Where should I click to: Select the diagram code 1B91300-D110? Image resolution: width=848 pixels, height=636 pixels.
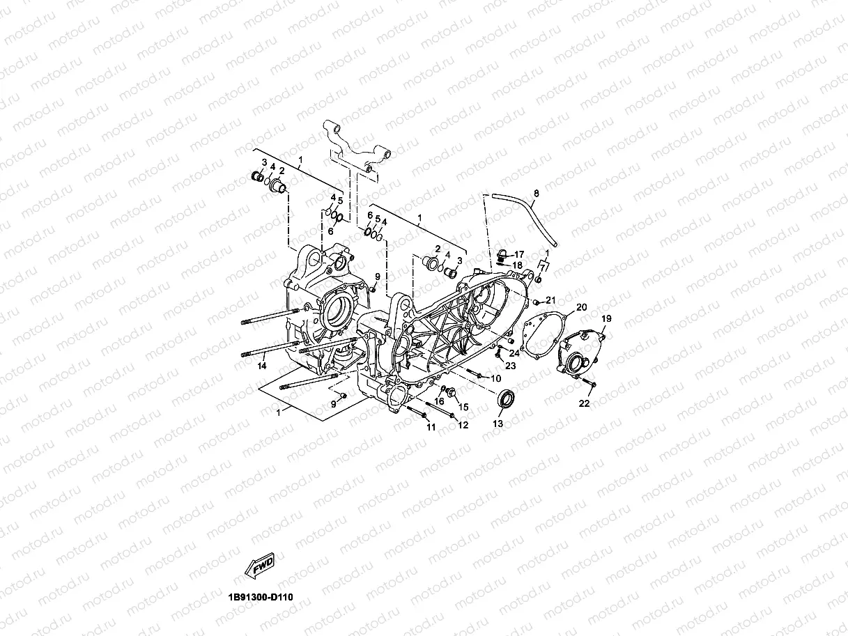click(x=265, y=598)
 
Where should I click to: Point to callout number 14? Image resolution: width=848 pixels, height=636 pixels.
click(x=262, y=366)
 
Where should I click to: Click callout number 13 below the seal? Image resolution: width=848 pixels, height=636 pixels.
click(x=498, y=424)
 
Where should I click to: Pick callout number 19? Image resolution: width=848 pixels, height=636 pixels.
click(x=606, y=318)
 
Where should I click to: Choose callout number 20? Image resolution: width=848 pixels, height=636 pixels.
click(x=582, y=307)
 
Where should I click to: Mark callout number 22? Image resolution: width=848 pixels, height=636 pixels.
click(x=585, y=403)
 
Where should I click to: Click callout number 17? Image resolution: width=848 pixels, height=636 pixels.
click(x=519, y=254)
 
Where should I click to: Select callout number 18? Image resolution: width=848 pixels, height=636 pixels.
click(x=518, y=265)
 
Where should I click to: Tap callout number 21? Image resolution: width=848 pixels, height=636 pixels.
click(x=550, y=300)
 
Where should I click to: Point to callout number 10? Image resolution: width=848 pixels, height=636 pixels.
click(x=496, y=378)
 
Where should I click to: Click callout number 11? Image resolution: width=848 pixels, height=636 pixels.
click(x=431, y=426)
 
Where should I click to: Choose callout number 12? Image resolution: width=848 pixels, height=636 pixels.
click(x=463, y=425)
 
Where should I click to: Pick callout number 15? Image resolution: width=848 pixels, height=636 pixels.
click(x=463, y=406)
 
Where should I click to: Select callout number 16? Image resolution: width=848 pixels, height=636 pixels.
click(x=440, y=401)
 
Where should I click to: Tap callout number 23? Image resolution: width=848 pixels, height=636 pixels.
click(x=510, y=365)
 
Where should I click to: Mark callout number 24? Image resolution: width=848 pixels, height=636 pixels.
click(x=514, y=353)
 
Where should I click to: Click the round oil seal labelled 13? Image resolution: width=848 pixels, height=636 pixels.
click(x=507, y=400)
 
